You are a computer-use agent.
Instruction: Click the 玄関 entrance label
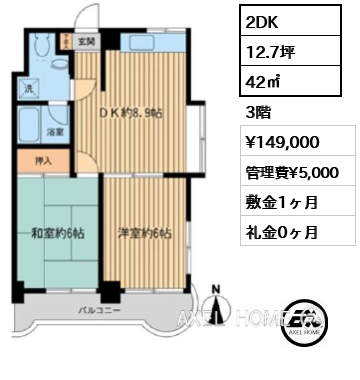click(x=87, y=43)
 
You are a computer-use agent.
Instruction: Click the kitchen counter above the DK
click(x=150, y=43)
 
